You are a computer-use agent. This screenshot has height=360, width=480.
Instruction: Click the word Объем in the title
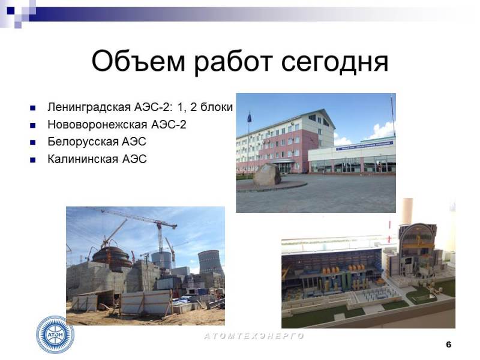(x=139, y=61)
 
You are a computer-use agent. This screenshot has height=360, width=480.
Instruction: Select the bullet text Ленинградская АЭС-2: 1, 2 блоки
(x=140, y=107)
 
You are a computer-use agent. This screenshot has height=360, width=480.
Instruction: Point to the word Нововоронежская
(x=97, y=125)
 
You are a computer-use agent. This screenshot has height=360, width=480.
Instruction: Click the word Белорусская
(x=83, y=142)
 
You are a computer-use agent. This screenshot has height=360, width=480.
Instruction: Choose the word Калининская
(x=83, y=159)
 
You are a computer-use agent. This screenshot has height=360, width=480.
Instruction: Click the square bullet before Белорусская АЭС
(x=33, y=142)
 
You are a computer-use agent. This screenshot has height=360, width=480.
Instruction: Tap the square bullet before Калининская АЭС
(x=33, y=160)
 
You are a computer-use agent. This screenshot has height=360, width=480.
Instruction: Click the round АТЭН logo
(x=55, y=335)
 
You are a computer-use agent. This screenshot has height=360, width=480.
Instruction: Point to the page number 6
(x=448, y=344)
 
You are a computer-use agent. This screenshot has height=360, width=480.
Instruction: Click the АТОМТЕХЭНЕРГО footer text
(x=254, y=336)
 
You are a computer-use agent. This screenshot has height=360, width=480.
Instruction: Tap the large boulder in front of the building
(x=267, y=174)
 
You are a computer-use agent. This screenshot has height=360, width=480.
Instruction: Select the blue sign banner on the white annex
(x=365, y=145)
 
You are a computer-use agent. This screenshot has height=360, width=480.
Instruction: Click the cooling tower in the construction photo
(x=211, y=263)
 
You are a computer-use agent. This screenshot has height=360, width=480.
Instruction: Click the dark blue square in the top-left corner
(x=11, y=11)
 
